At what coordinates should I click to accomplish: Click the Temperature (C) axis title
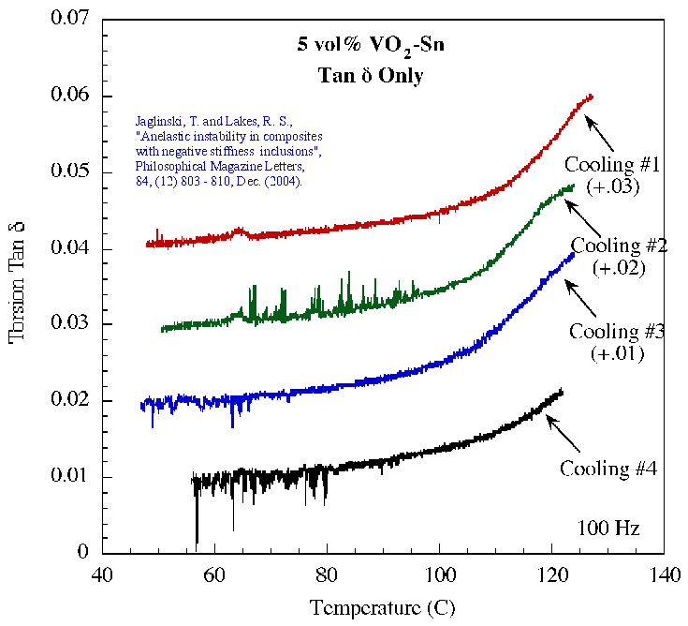point(383,607)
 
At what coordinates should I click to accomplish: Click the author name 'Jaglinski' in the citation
point(160,120)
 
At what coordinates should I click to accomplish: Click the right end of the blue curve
point(573,253)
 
